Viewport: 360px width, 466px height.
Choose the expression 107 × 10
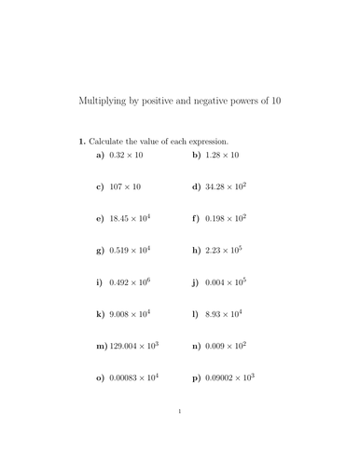point(125,186)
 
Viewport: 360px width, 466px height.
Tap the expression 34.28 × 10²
point(226,186)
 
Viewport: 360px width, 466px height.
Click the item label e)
point(101,218)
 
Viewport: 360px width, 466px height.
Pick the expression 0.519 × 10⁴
point(131,250)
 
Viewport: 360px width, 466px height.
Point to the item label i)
point(100,281)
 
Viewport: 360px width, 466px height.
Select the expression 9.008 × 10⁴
point(131,314)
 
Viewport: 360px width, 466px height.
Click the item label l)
point(196,314)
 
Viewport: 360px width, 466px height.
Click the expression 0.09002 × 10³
point(229,377)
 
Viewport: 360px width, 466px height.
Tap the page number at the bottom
point(179,434)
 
